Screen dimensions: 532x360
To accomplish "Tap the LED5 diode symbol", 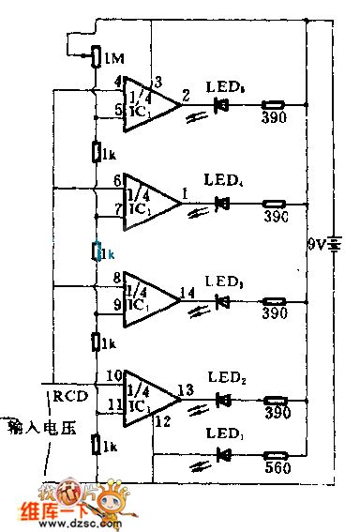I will [x=223, y=105].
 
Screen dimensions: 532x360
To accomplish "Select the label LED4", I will [x=222, y=177].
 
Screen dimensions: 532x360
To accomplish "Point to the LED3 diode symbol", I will [x=223, y=301].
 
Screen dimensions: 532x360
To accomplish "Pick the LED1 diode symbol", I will [x=223, y=455].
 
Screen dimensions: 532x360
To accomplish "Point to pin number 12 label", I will [x=163, y=422].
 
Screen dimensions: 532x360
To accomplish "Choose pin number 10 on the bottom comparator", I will [x=113, y=375].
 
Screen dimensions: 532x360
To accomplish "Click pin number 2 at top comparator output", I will [x=186, y=96].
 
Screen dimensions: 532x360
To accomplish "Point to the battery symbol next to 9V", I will [x=333, y=246].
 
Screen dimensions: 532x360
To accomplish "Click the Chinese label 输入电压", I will [x=41, y=428].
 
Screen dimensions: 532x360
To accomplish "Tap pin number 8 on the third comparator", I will [x=116, y=278].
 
